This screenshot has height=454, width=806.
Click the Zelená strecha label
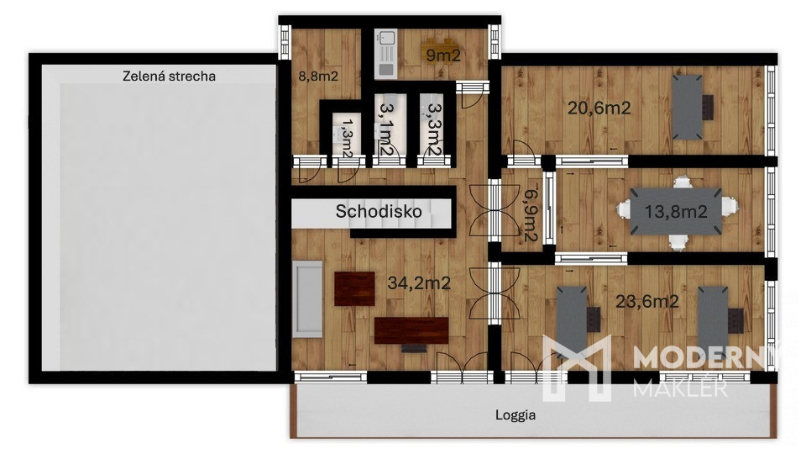(169, 77)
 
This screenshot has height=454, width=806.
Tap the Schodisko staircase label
(379, 211)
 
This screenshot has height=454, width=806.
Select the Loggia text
(516, 414)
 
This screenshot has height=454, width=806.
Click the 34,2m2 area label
(419, 282)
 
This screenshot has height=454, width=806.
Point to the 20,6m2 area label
(599, 108)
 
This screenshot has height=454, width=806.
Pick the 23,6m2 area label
(647, 301)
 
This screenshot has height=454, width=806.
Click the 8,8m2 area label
(318, 77)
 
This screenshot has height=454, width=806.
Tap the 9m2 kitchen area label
(443, 55)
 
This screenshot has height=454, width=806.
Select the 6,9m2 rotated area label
(531, 213)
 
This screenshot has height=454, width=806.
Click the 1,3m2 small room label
(348, 138)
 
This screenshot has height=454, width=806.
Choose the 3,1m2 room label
(386, 129)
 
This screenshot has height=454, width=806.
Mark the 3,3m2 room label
(435, 129)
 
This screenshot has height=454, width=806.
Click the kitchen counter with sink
(385, 54)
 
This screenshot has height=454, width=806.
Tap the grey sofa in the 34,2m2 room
(307, 299)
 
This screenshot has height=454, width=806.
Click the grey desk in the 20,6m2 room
(688, 107)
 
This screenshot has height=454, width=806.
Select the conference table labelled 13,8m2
(676, 211)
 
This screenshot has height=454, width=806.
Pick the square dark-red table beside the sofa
(354, 288)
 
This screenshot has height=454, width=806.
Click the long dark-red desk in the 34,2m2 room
(411, 330)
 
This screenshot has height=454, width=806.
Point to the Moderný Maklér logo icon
(577, 367)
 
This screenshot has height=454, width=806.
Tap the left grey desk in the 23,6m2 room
(572, 315)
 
